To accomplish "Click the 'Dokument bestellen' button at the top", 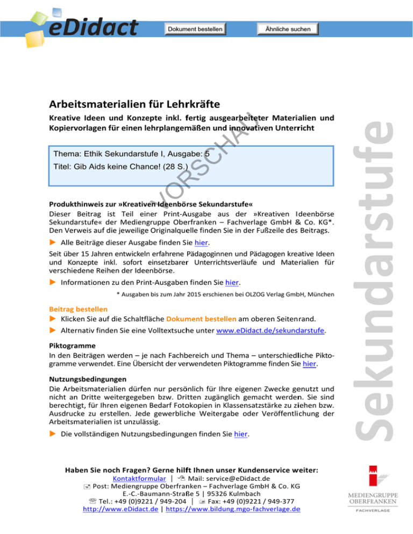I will [x=195, y=28].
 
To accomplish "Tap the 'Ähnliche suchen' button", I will [x=288, y=28].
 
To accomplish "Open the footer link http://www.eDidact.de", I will [x=112, y=509].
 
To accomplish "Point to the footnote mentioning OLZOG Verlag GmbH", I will [x=226, y=294].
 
